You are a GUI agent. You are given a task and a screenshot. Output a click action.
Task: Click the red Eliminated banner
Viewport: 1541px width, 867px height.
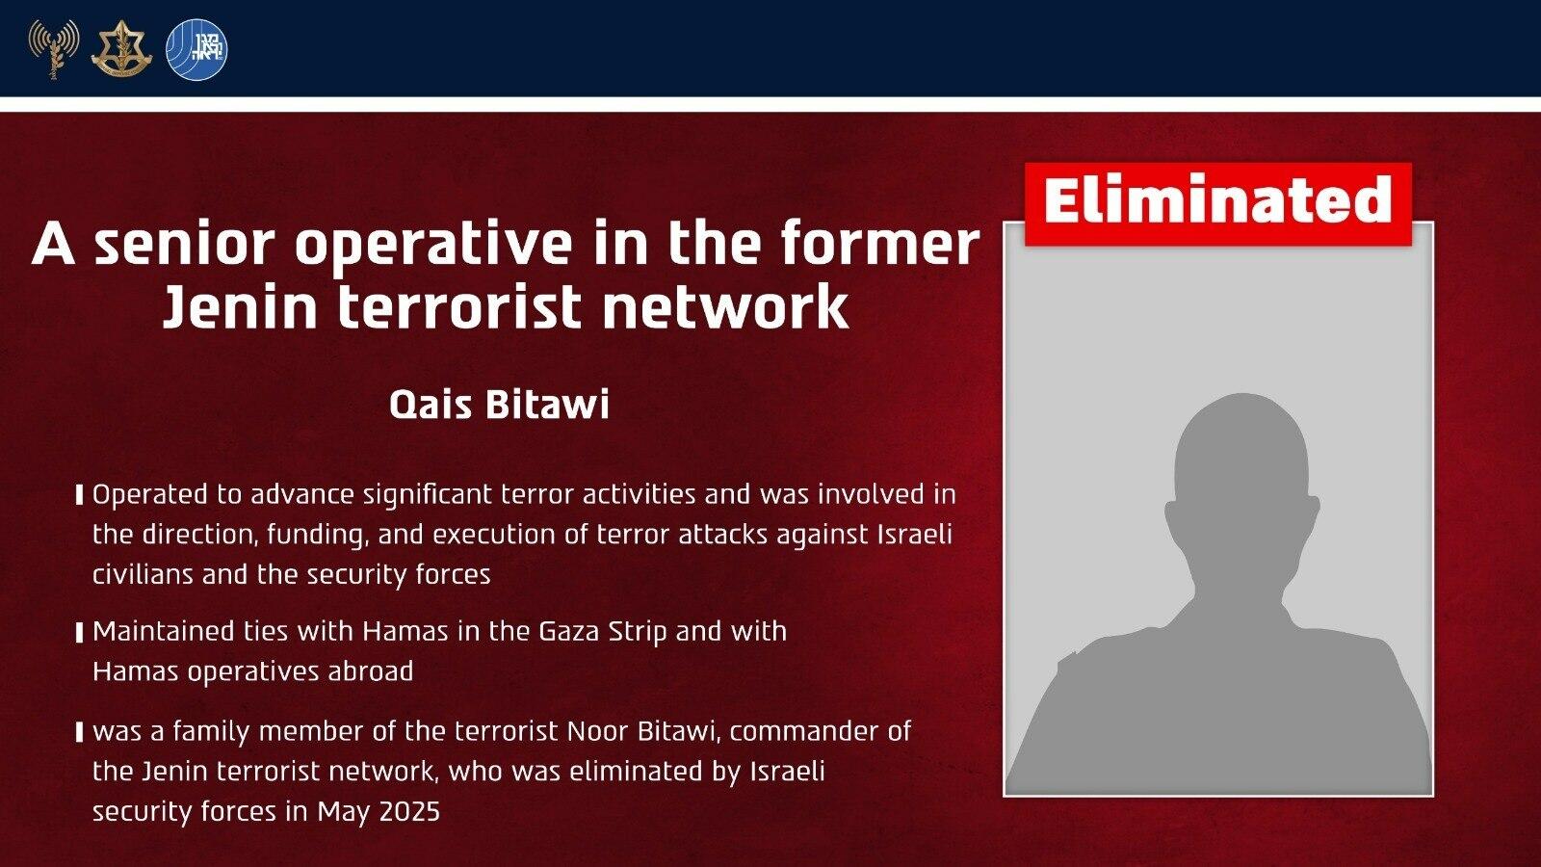pyautogui.click(x=1217, y=203)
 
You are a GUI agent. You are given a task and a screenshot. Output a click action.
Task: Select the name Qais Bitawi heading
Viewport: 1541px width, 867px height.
pyautogui.click(x=500, y=405)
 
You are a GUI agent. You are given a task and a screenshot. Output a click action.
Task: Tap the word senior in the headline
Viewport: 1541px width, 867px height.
pyautogui.click(x=185, y=245)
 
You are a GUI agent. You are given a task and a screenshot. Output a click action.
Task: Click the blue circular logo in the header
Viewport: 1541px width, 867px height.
pyautogui.click(x=196, y=49)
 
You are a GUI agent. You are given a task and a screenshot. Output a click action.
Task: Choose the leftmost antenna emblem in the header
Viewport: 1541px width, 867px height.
pyautogui.click(x=54, y=48)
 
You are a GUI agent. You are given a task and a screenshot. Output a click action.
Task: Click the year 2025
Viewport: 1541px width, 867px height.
pyautogui.click(x=408, y=812)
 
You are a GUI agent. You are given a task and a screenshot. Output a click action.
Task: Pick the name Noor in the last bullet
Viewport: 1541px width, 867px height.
pyautogui.click(x=598, y=731)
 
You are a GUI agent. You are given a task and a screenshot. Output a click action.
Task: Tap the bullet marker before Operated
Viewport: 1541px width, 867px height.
pyautogui.click(x=80, y=495)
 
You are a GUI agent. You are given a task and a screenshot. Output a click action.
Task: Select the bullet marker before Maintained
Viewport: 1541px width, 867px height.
pyautogui.click(x=80, y=632)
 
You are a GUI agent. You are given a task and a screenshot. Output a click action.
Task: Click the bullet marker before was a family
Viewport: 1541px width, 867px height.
pyautogui.click(x=80, y=731)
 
